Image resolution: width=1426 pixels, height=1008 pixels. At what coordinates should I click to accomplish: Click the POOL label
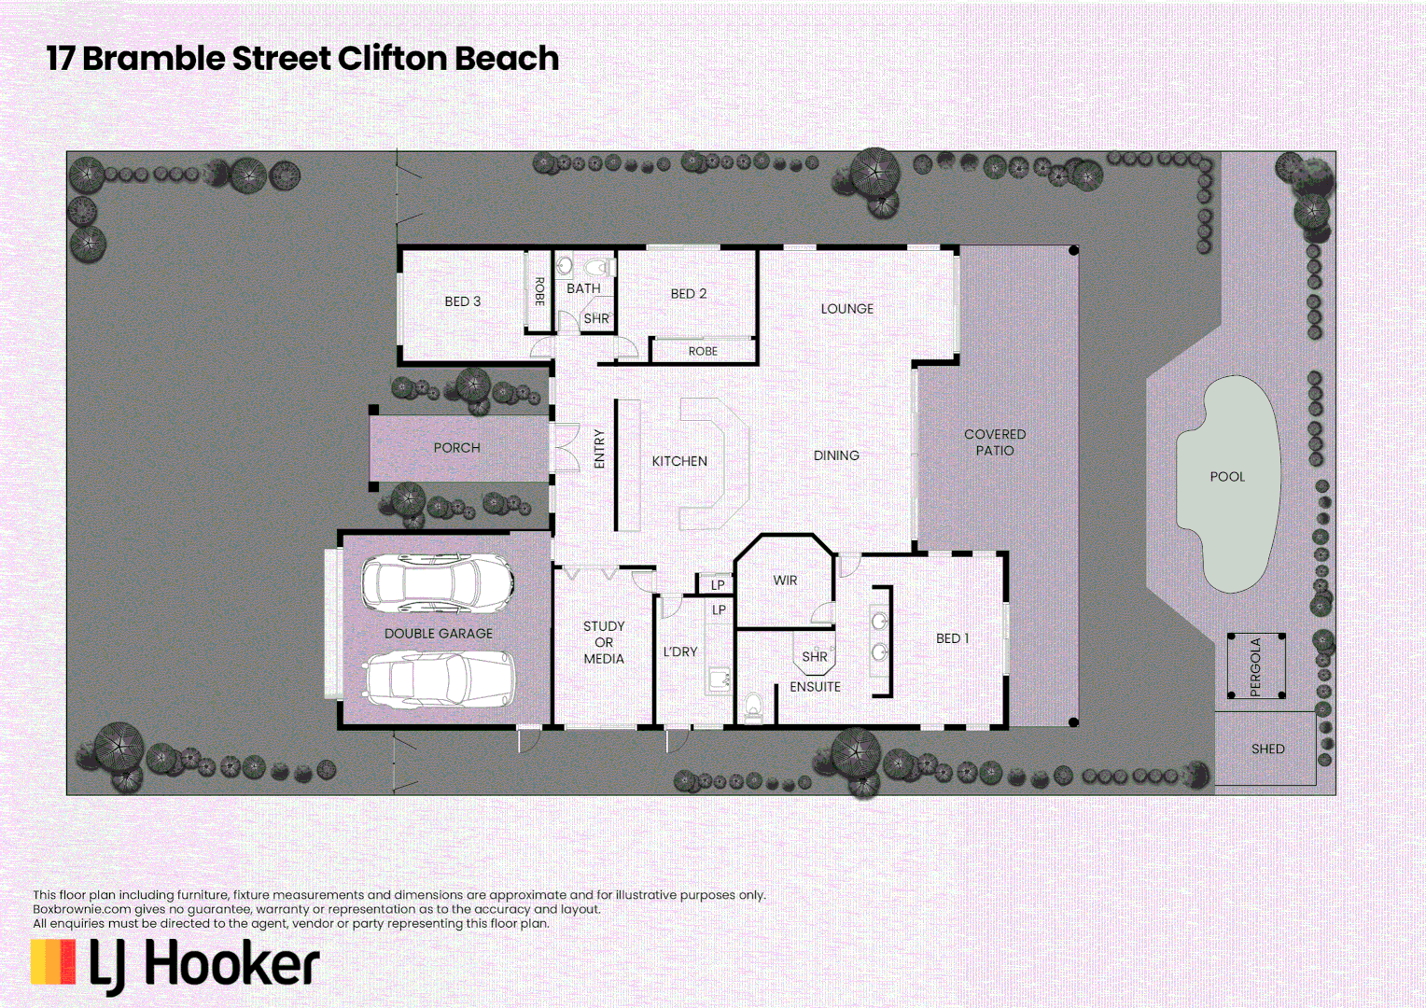[1227, 477]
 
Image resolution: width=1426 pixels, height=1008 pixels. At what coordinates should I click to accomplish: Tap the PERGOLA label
[1255, 666]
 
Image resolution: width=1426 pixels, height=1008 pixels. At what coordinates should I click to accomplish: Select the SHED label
[1267, 749]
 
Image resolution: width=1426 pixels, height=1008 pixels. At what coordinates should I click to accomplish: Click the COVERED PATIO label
[995, 442]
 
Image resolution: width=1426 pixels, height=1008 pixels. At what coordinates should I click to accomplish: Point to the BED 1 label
[952, 638]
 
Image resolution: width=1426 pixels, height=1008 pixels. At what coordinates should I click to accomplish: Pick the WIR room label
[785, 581]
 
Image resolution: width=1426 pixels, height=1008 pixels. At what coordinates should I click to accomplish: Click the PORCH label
[456, 448]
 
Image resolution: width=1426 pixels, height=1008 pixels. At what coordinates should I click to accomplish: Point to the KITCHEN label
[679, 461]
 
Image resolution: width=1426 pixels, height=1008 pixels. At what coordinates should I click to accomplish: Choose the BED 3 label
[462, 301]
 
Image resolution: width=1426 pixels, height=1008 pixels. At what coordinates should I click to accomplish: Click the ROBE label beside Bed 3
[539, 291]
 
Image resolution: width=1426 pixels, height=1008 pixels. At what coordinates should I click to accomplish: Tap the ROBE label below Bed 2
[703, 352]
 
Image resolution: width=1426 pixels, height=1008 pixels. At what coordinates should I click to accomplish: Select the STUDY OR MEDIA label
[604, 642]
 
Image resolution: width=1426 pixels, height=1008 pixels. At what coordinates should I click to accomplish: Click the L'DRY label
[680, 651]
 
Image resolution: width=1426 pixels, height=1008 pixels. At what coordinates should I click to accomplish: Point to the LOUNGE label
[846, 309]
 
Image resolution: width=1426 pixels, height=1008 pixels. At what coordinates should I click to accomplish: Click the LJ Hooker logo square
[53, 962]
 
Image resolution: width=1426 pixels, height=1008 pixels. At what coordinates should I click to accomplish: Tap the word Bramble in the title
[154, 59]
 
